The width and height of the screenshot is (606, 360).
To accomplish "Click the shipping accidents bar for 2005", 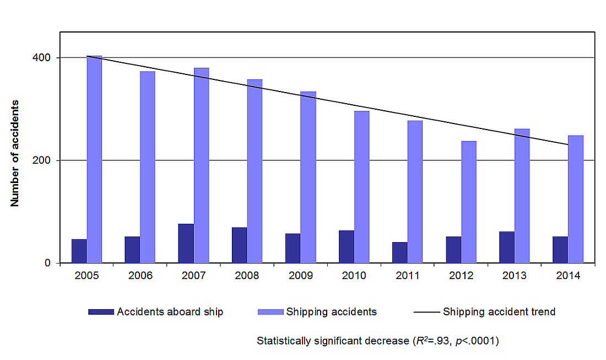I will (94, 160).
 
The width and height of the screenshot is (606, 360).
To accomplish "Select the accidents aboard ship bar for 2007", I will (186, 243).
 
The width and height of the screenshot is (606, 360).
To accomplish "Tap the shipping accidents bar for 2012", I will (469, 202).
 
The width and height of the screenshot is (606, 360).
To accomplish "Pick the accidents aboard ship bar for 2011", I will (400, 252).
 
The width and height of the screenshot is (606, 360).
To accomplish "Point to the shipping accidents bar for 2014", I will (576, 199).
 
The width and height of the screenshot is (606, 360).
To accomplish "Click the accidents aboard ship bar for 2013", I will (507, 247).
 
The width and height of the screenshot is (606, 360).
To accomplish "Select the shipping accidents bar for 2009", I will (309, 177).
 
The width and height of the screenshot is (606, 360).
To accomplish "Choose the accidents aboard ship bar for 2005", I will (79, 251).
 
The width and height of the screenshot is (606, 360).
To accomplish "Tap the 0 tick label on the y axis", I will (50, 263).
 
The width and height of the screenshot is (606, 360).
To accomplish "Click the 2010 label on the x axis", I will (354, 276).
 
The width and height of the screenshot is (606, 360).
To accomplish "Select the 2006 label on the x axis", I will (140, 276).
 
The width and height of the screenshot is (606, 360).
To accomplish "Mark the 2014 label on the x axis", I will (568, 276).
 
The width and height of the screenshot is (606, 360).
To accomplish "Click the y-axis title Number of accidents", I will (15, 153).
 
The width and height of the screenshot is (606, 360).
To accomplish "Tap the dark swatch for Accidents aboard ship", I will (101, 312).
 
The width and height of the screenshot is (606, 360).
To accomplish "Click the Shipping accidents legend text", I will (331, 312).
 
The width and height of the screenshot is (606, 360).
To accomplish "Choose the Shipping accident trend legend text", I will (499, 312).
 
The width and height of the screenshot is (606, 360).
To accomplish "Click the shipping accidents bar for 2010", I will (362, 187).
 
